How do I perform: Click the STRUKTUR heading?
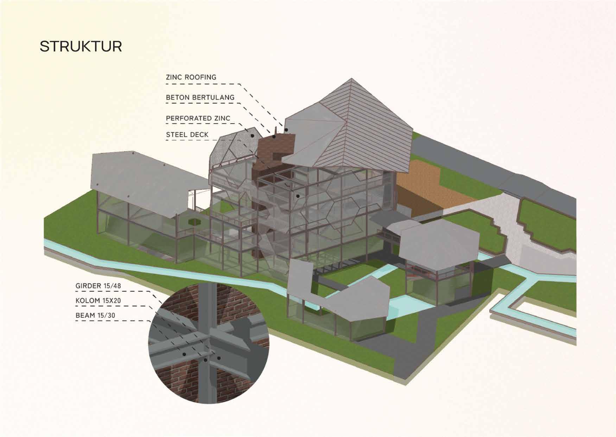81,46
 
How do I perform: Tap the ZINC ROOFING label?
191,77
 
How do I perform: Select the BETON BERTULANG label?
200,97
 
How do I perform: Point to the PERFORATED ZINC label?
198,118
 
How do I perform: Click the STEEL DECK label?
187,134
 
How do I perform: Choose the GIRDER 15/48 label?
98,286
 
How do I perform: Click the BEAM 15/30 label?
95,315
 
